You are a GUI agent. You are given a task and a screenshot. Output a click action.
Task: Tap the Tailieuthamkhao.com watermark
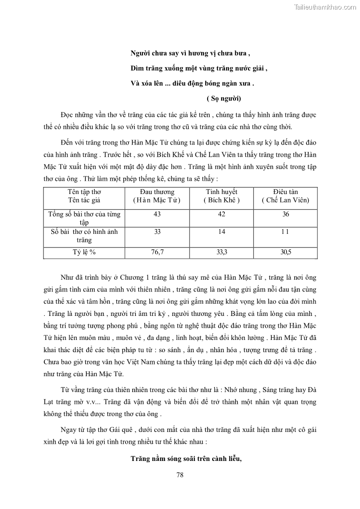325,7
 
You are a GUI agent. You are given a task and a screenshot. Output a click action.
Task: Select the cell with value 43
157,214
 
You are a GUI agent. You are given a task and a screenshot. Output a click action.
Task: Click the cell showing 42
221,214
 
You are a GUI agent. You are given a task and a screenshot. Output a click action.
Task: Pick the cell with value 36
286,214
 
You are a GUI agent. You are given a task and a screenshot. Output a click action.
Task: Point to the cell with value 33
157,232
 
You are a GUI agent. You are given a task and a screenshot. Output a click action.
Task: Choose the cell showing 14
221,232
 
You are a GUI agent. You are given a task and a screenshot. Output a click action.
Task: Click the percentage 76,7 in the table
157,252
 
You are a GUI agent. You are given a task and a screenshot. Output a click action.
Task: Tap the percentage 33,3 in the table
221,252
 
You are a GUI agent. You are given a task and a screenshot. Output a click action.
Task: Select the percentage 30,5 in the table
286,252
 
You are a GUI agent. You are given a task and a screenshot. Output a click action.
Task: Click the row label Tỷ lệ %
84,252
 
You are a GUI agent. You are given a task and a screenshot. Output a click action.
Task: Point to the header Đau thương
157,192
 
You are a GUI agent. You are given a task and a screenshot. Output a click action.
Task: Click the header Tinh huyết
221,192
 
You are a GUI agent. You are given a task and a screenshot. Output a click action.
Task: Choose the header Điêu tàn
286,192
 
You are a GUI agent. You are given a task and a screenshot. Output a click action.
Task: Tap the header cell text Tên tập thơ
84,192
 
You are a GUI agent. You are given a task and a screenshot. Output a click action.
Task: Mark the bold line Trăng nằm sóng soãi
186,458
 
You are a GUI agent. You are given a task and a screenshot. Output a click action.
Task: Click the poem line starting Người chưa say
190,53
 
